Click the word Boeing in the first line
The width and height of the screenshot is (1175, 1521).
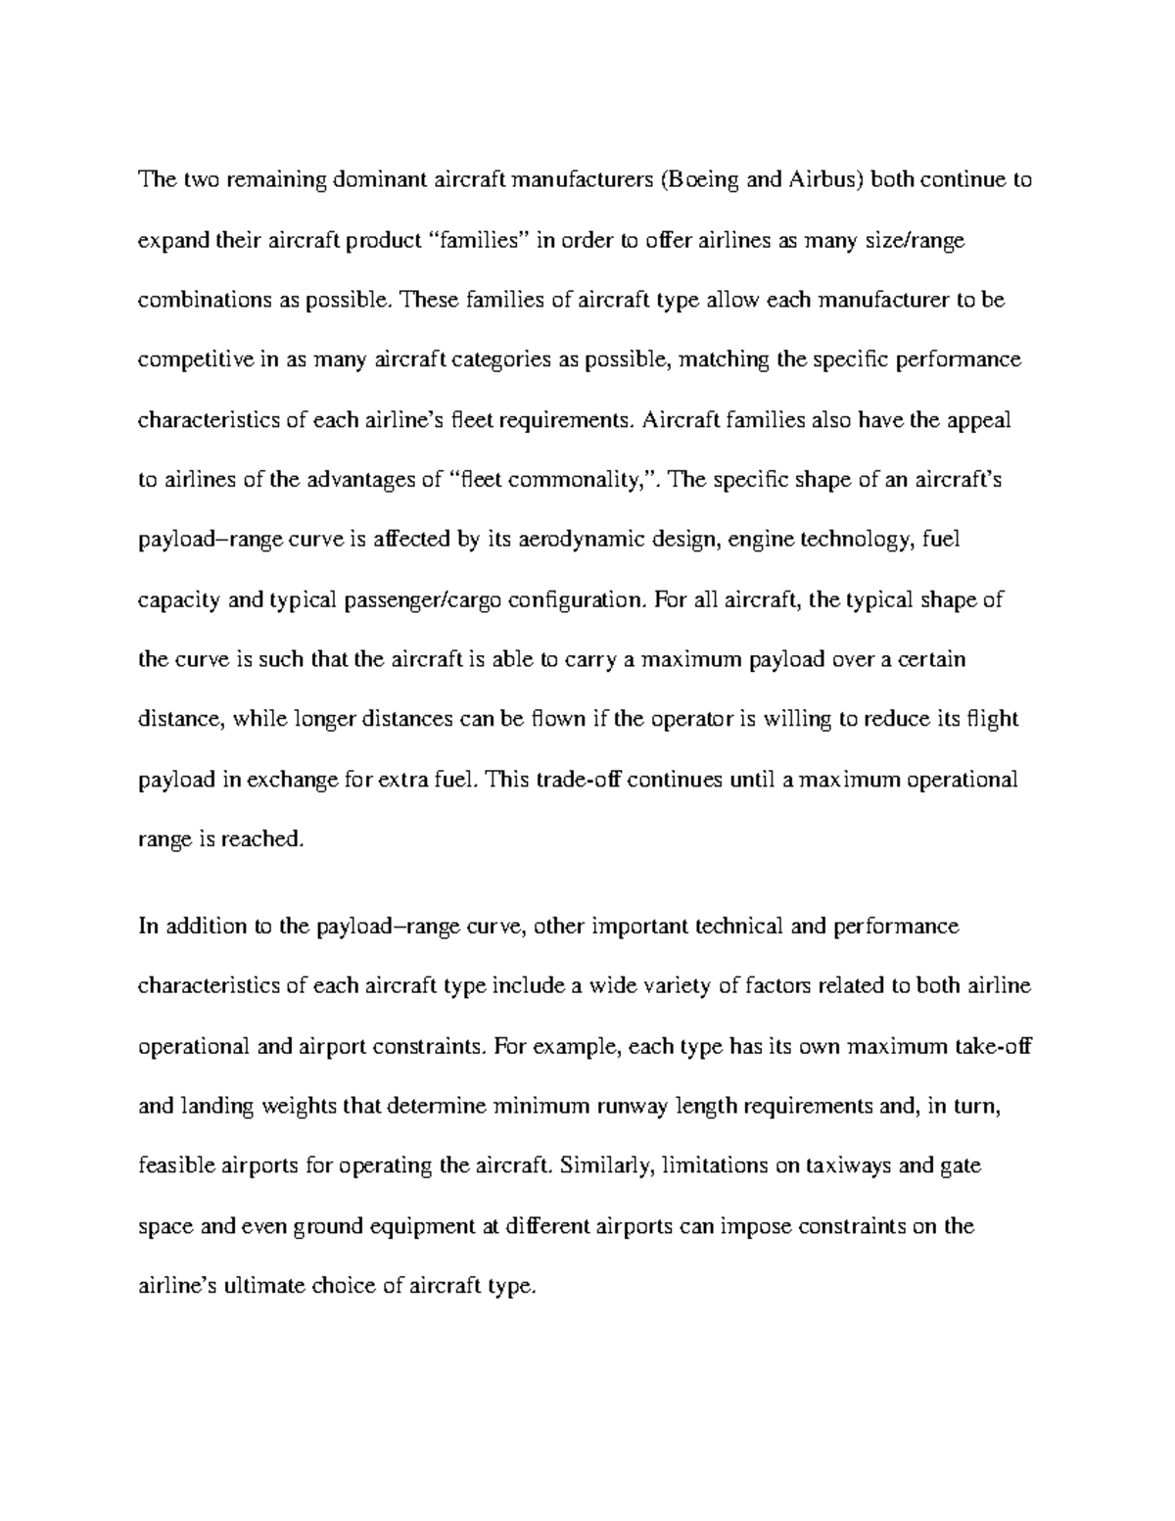point(698,180)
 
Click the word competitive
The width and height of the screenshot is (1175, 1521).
point(196,360)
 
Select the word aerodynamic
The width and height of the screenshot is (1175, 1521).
point(581,540)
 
